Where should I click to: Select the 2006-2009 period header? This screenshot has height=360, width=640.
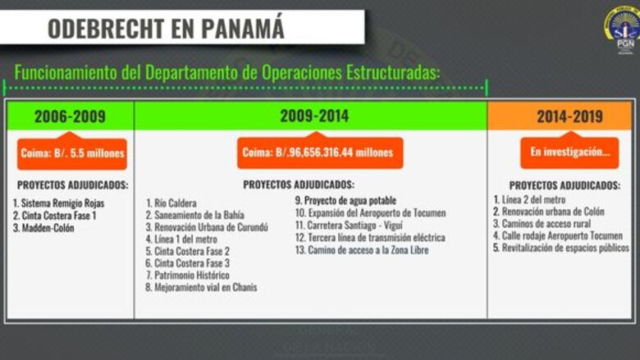click(70, 116)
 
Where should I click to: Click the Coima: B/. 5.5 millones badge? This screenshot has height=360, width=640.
click(72, 153)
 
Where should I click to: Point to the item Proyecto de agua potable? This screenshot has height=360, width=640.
click(345, 200)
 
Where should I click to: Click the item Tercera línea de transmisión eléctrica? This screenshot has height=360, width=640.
click(370, 237)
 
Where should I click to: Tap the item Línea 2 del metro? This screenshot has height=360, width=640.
click(532, 198)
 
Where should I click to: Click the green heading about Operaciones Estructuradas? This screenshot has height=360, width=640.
click(227, 72)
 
